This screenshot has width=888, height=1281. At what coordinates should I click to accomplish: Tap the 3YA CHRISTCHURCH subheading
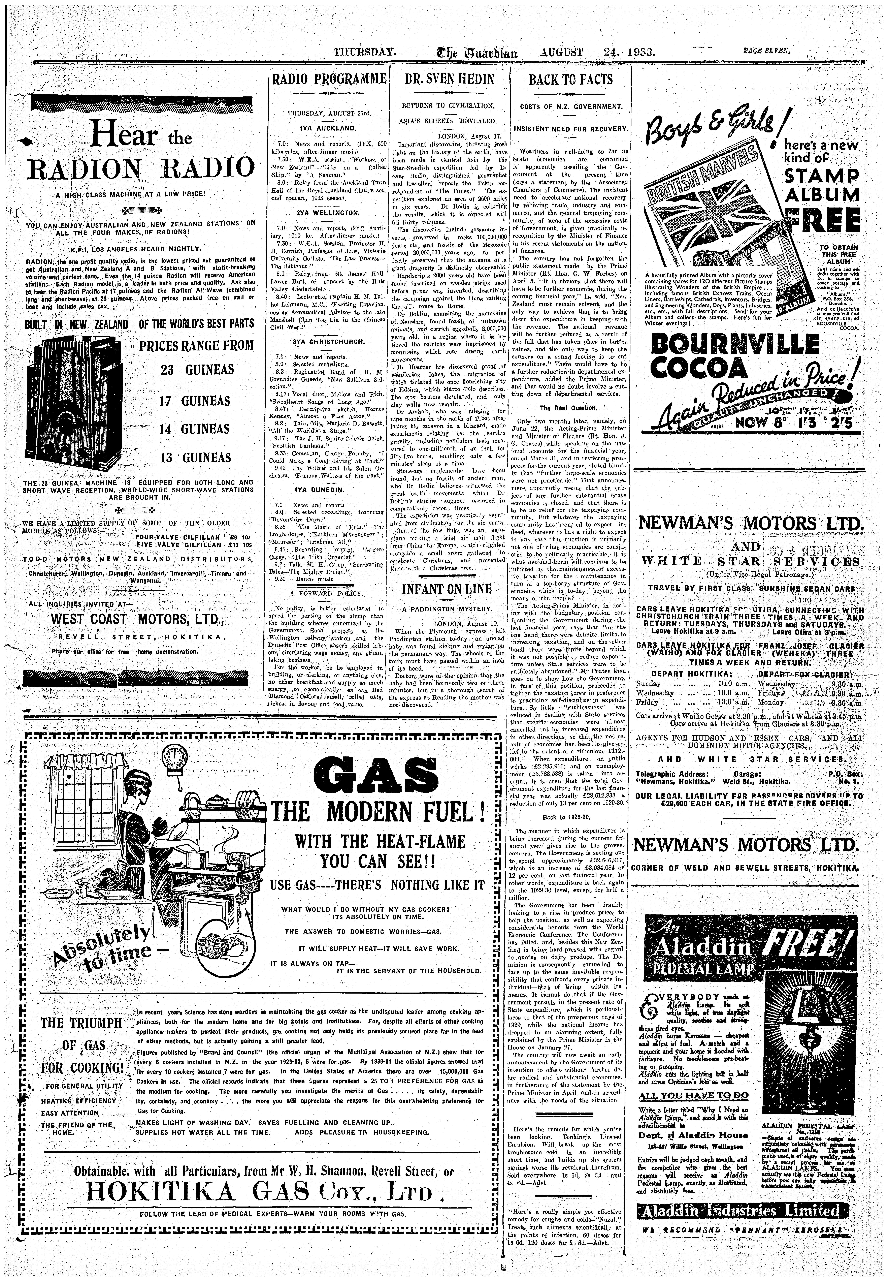tap(328, 341)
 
